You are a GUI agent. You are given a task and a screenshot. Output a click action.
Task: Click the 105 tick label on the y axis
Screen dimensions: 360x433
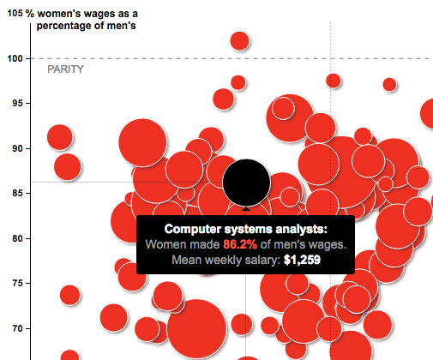point(15,13)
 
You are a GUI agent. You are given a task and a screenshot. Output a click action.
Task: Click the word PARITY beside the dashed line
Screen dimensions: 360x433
point(65,69)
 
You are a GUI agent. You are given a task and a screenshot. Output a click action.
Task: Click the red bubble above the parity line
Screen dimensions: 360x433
point(240,40)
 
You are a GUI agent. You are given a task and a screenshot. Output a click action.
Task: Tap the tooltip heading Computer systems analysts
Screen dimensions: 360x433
point(246,229)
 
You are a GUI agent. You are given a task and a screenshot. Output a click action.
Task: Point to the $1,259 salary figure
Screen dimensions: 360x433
point(302,260)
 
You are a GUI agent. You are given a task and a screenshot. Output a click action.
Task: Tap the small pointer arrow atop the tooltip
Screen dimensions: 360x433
point(246,208)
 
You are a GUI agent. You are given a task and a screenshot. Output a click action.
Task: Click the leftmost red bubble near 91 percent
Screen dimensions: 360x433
point(60,137)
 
